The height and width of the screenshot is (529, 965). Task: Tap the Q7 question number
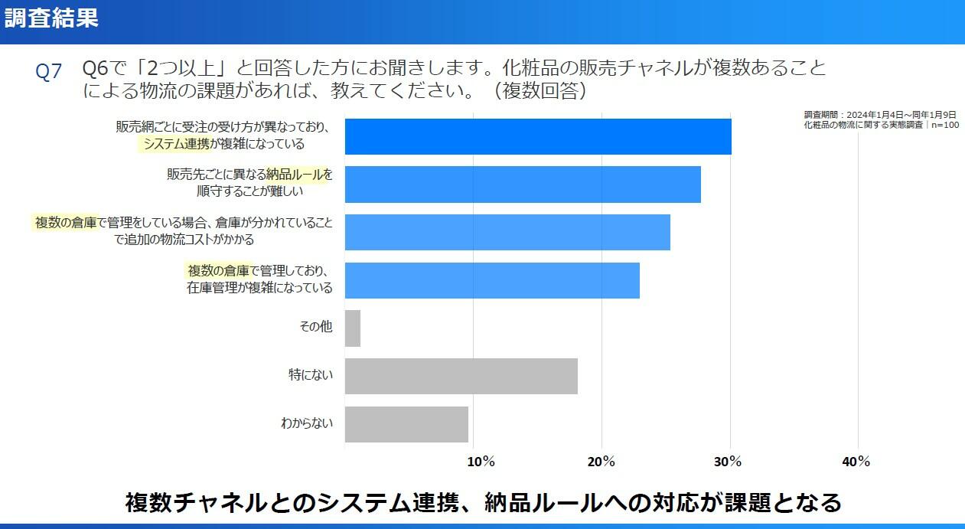pos(49,72)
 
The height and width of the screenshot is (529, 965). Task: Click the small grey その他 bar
pos(353,328)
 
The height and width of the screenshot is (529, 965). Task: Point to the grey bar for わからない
pos(406,424)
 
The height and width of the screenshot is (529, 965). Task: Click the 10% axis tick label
pos(480,462)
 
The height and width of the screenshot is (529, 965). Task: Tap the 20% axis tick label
pos(601,462)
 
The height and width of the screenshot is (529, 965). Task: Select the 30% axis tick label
pos(729,462)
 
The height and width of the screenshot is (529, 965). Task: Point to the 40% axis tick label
pos(856,462)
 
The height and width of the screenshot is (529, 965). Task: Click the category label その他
pos(315,327)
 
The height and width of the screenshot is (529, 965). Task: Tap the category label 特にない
pos(311,375)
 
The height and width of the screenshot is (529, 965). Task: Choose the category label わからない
pos(307,423)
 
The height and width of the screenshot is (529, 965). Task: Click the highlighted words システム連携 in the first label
pos(177,143)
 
